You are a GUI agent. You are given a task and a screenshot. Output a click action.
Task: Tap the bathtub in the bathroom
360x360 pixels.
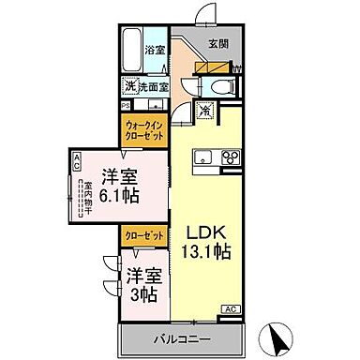[131, 49]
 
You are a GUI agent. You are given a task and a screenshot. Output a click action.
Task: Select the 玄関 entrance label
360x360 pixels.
[217, 41]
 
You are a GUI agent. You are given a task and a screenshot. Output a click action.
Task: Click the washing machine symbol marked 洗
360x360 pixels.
[130, 86]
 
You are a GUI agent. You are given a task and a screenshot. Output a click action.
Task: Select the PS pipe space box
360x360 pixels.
[124, 103]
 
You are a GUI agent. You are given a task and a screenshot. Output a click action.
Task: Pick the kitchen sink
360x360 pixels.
[202, 169]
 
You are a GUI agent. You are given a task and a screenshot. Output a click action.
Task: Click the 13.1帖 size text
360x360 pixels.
[206, 251]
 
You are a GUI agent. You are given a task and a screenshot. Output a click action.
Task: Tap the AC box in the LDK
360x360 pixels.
[229, 307]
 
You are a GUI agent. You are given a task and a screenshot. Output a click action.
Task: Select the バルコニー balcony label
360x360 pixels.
[180, 337]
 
